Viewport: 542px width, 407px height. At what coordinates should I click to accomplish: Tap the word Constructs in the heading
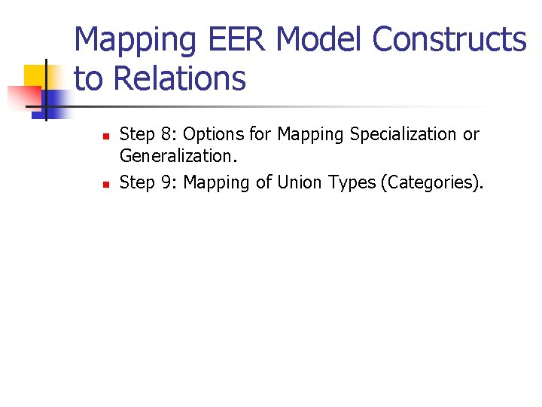(x=449, y=39)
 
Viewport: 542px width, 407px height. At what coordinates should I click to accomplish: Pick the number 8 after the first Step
(x=168, y=134)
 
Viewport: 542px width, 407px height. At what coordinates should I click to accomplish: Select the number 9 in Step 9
(x=168, y=182)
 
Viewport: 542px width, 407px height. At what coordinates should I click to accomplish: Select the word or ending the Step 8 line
(x=471, y=134)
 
